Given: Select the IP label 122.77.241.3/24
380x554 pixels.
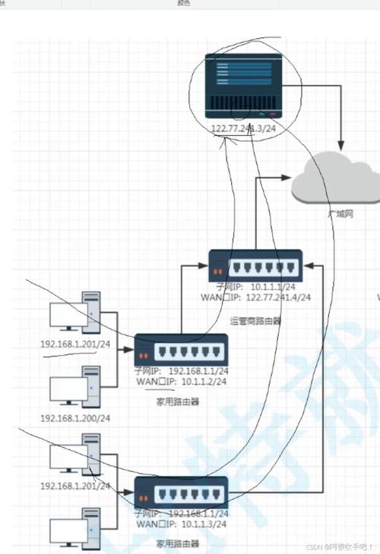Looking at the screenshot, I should pos(242,130).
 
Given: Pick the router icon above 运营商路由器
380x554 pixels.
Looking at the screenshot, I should pos(255,266).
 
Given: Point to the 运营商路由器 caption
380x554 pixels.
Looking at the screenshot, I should pos(255,321).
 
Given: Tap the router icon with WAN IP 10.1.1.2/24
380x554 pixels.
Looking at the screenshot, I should pos(181,350).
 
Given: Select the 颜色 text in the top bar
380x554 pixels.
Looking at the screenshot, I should pos(183,4).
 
